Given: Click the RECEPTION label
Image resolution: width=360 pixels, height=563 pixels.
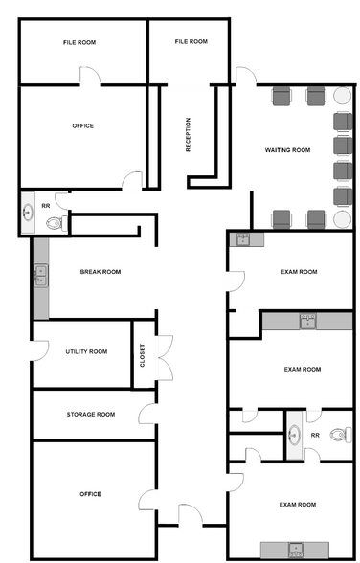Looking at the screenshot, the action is [188, 135].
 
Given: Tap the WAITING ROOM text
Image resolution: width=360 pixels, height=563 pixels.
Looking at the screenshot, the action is [287, 150].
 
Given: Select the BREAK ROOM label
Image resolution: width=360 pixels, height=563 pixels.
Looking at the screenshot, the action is [101, 272].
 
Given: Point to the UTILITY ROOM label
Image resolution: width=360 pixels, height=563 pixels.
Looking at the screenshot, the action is [86, 352].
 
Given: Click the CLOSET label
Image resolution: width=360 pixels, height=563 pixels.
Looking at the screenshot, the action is [143, 355].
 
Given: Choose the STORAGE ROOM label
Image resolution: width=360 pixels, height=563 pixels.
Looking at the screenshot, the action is [91, 415].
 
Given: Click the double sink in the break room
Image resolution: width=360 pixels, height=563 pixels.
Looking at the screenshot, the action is [41, 276].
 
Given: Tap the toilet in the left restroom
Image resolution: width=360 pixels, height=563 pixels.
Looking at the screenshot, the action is [56, 223].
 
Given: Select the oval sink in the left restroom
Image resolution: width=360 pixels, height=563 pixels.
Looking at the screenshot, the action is [28, 213].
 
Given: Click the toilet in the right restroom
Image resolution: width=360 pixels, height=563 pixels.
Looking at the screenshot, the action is [342, 435].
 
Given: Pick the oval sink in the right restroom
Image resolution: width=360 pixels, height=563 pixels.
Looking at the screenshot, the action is [294, 435].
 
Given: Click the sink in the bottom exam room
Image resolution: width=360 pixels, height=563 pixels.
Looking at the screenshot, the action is [296, 550].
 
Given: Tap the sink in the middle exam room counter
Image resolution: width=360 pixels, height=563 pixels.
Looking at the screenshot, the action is [308, 322].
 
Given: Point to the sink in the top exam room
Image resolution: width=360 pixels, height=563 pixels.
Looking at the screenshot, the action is [244, 239].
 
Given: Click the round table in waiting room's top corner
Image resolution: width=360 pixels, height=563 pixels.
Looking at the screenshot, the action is [342, 96].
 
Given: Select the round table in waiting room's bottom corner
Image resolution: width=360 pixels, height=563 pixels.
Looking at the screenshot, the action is [342, 219].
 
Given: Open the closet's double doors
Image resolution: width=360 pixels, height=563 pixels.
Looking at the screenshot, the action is [166, 358].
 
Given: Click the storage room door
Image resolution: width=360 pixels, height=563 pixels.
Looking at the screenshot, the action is [147, 414].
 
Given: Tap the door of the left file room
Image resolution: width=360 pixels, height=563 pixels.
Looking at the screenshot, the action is [90, 76].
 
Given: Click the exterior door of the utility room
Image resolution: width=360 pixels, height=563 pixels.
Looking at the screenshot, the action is [40, 350].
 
